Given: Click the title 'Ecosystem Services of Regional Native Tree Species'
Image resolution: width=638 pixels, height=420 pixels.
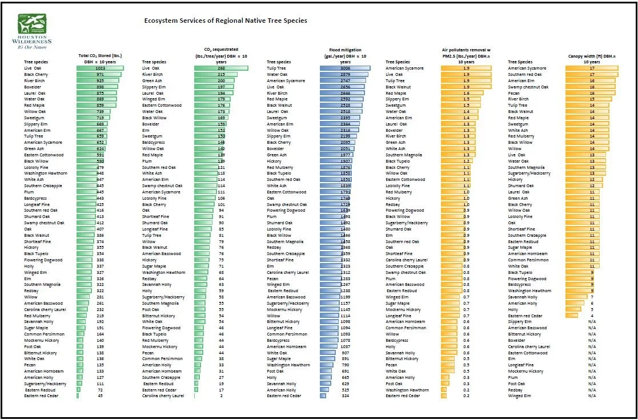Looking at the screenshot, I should (x=226, y=21).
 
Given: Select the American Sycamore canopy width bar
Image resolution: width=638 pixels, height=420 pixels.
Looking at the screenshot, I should (x=592, y=68).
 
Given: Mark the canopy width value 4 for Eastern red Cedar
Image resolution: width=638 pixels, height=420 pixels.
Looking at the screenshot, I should (x=592, y=316).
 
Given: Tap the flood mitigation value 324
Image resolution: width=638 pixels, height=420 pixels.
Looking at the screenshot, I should (x=345, y=395).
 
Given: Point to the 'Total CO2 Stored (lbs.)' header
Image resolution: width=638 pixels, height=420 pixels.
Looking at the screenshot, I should (x=101, y=55).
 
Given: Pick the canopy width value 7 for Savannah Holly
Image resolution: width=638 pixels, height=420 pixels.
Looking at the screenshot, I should (x=592, y=297).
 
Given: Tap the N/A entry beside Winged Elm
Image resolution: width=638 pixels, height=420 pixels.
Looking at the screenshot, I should (x=592, y=395).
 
